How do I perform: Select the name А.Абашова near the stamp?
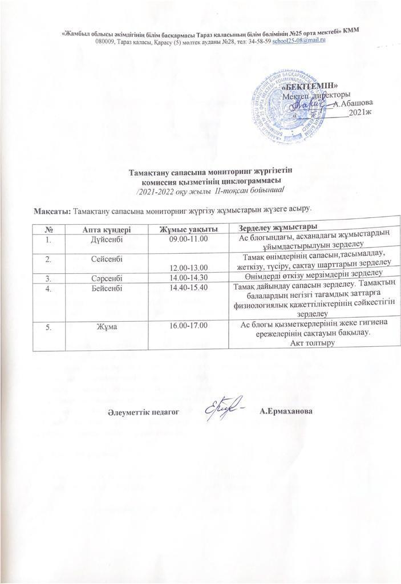(354, 103)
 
